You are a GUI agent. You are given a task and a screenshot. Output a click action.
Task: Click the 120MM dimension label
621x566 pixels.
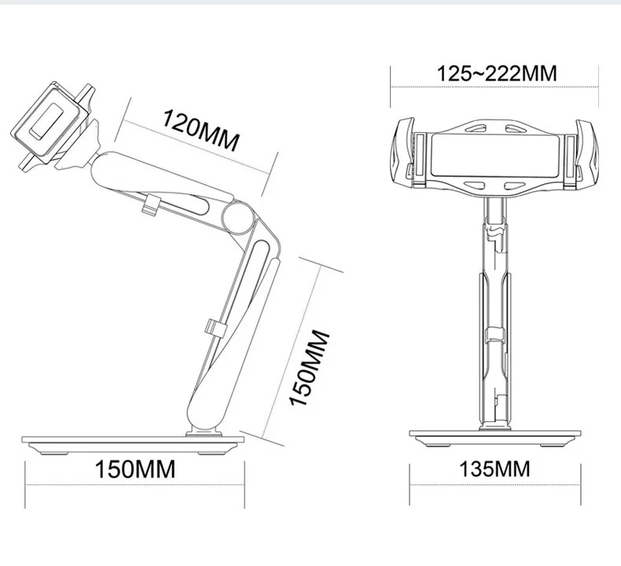[x=201, y=130]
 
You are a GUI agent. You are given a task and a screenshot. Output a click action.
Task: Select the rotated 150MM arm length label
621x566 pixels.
[x=310, y=368]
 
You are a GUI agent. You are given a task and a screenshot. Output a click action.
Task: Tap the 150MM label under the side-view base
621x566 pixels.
[x=134, y=469]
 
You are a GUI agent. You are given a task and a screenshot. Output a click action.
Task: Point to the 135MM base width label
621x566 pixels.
[x=494, y=469]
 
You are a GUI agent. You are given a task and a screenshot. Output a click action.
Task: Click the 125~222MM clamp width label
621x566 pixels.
[x=497, y=73]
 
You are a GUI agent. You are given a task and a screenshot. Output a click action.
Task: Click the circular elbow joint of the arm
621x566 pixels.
[x=237, y=217]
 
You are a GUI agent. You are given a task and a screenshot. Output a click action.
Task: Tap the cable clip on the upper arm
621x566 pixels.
[x=150, y=205]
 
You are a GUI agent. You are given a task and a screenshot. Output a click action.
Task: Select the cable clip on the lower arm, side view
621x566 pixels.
[x=215, y=328]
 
